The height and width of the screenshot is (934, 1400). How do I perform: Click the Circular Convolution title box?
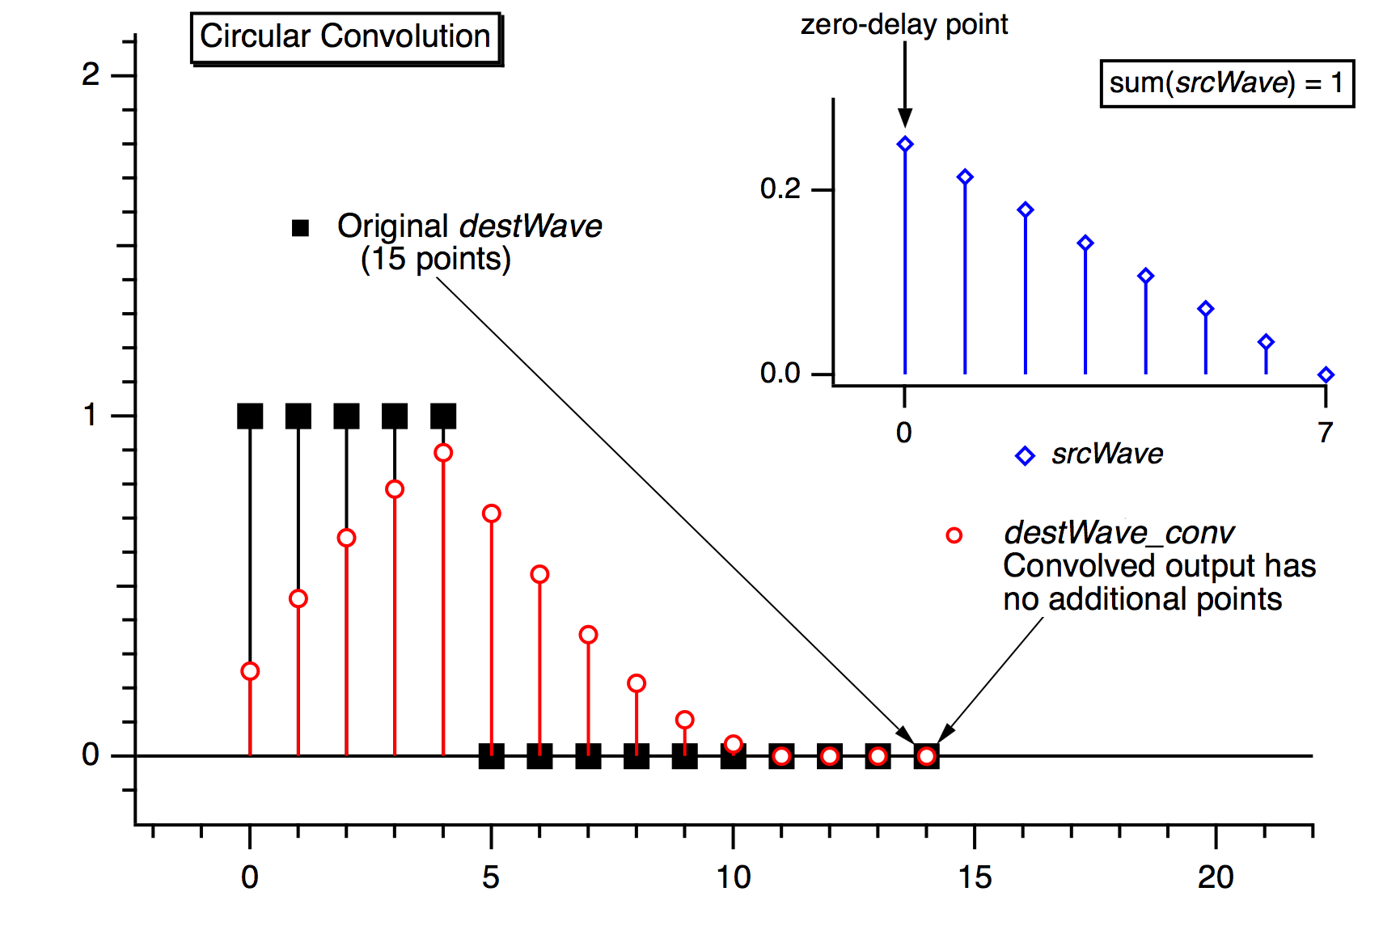(345, 37)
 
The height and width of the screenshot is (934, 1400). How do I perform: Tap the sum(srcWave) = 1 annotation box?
(1226, 82)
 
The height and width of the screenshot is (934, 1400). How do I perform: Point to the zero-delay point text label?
(903, 25)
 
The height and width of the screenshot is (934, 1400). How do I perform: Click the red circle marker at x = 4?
(443, 453)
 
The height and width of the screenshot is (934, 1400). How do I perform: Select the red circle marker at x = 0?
(250, 671)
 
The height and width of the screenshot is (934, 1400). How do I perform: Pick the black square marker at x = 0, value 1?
(250, 416)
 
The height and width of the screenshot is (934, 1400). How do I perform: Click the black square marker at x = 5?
(491, 756)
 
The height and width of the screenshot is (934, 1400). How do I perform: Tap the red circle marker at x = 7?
(588, 635)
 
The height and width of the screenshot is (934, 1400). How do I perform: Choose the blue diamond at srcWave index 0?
(905, 145)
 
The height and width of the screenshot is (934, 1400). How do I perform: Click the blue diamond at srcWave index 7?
(1326, 374)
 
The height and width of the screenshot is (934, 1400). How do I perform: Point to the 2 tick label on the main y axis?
(91, 75)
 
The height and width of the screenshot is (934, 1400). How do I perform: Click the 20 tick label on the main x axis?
(1216, 877)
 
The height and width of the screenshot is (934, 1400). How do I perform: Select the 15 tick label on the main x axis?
(975, 877)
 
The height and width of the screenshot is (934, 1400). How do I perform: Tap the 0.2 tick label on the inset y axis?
(780, 189)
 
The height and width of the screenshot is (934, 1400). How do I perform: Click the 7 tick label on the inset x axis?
(1325, 433)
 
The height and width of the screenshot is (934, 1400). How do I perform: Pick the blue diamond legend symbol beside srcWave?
(1025, 456)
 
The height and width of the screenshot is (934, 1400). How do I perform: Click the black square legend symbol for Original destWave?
(300, 228)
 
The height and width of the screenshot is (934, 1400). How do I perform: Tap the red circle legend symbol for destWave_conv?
(954, 535)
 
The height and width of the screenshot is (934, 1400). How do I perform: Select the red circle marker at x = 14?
(927, 756)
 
